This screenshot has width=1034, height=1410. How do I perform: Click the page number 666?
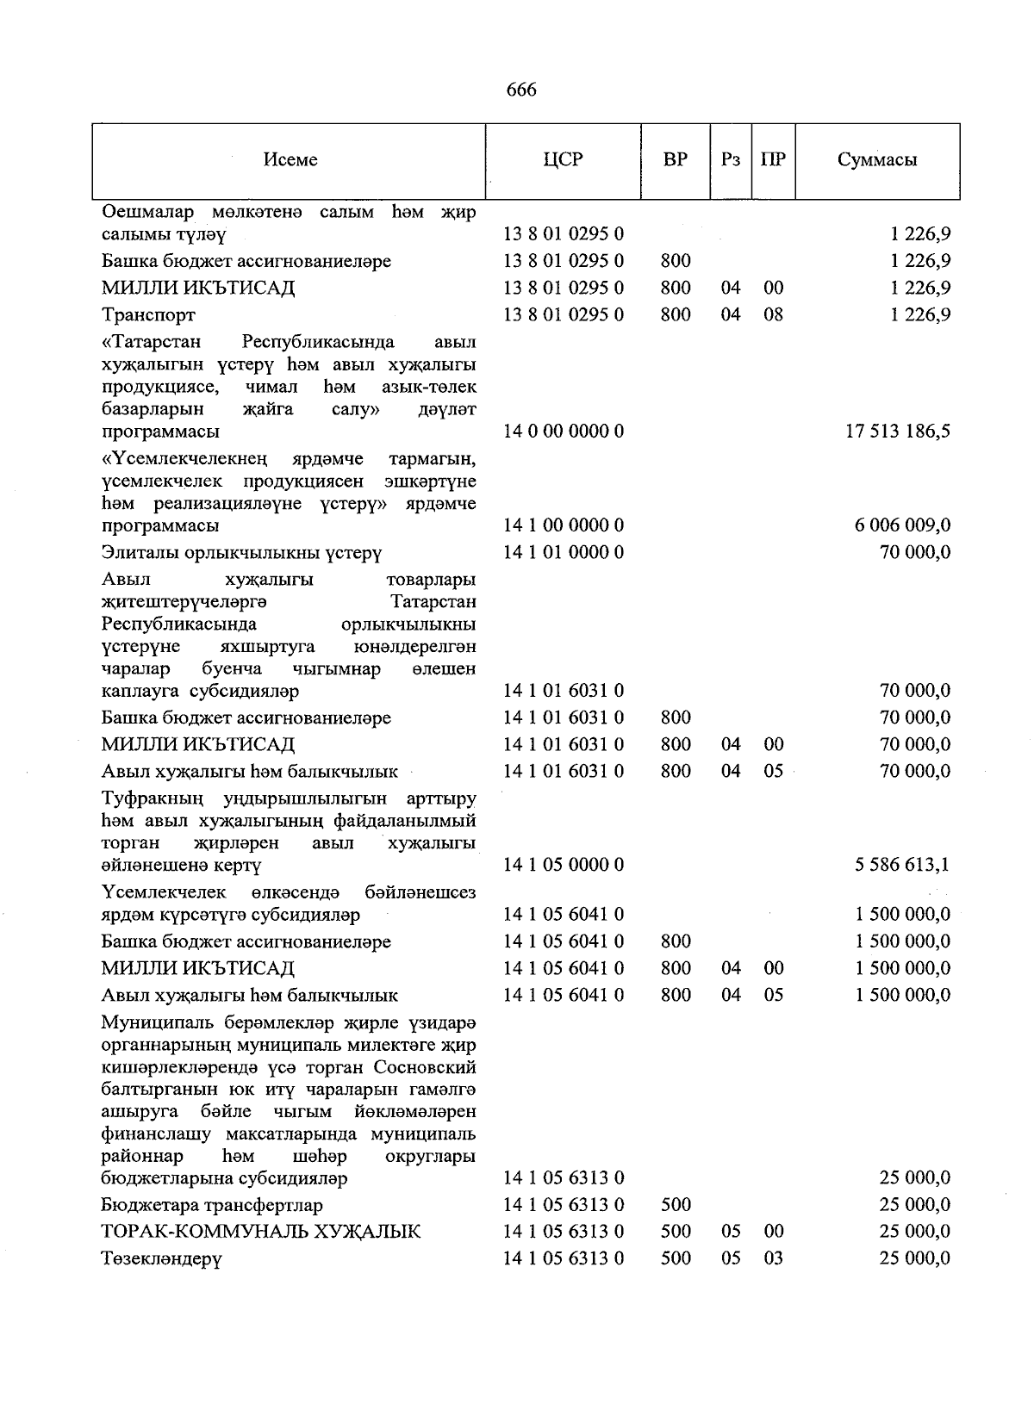click(521, 90)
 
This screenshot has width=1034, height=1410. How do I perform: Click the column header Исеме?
click(290, 160)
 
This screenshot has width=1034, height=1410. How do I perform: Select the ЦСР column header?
click(564, 160)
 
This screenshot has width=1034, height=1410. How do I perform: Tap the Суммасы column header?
click(877, 160)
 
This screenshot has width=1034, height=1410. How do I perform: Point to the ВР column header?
click(676, 160)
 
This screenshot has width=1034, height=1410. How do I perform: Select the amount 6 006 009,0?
click(903, 525)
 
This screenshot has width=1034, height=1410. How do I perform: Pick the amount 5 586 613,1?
click(903, 865)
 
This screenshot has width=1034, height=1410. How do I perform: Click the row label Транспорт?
click(148, 315)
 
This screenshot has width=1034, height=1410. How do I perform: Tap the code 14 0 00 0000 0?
click(564, 432)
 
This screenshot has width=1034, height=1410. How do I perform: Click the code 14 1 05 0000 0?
click(564, 865)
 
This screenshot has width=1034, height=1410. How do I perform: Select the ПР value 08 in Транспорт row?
click(773, 315)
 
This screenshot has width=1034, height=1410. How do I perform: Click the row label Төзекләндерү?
click(161, 1259)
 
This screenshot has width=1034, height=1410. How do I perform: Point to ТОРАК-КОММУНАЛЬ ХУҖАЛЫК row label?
click(260, 1233)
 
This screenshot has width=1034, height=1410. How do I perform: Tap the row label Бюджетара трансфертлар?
click(212, 1206)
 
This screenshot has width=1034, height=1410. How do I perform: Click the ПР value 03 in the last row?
click(773, 1259)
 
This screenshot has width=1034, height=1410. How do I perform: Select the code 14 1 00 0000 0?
click(564, 525)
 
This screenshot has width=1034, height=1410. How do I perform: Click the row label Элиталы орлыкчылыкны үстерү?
click(241, 553)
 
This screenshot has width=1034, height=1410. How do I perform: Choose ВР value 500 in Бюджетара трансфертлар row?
click(676, 1206)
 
